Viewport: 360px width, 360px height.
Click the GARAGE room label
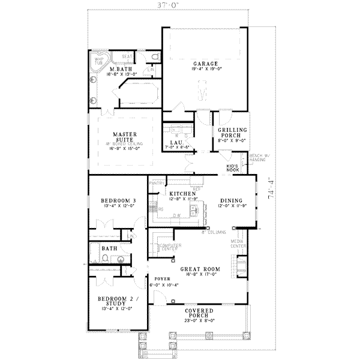pos(205,63)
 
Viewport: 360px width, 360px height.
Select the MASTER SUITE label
pos(126,137)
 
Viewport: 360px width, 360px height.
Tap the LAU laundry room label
pos(175,142)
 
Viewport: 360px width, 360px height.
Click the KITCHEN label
pos(182,194)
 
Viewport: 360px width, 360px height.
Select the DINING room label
pos(231,201)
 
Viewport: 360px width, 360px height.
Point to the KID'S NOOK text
pos(233,168)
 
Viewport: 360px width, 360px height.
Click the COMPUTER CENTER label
pos(166,247)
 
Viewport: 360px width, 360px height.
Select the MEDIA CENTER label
pos(238,245)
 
